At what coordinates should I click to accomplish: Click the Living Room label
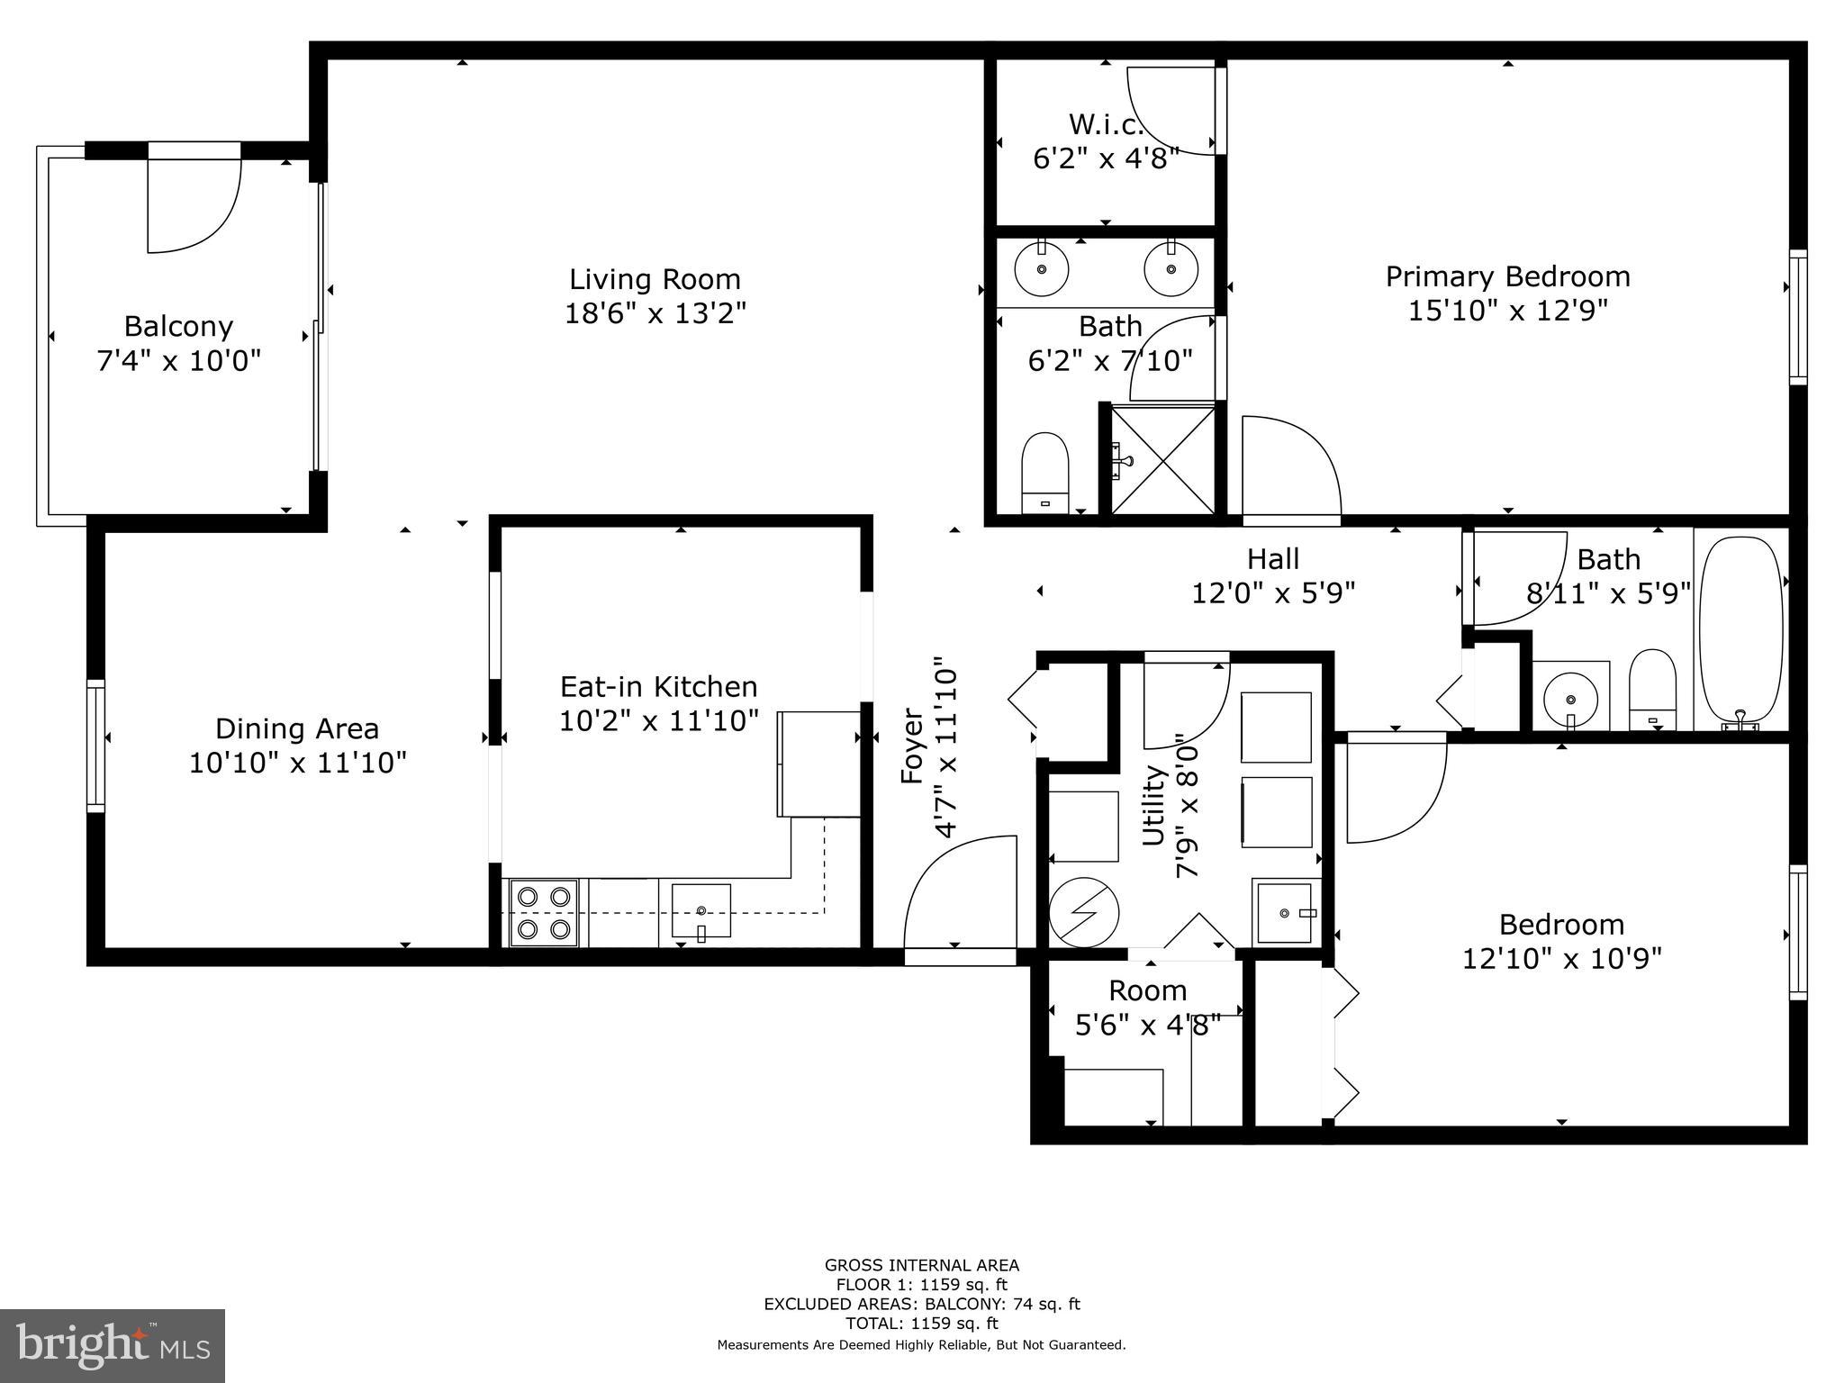point(655,279)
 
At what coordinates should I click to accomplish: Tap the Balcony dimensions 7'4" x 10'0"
point(178,361)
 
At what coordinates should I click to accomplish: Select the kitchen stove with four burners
point(544,913)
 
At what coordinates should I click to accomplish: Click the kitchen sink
point(701,911)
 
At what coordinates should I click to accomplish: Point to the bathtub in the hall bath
point(1740,630)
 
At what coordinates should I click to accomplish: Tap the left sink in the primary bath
point(1042,269)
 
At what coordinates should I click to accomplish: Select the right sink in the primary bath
point(1171,269)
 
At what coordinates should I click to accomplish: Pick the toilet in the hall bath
point(1652,689)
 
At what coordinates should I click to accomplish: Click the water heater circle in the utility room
point(1084,913)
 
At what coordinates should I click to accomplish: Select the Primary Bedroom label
point(1507,276)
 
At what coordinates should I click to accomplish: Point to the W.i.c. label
point(1106,123)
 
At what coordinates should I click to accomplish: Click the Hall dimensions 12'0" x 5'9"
point(1273,593)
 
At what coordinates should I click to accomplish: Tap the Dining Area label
point(297,728)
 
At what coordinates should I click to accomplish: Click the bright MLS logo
point(112,1346)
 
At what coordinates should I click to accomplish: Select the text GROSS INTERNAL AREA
point(921,1265)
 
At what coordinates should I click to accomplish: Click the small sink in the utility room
point(1285,913)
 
